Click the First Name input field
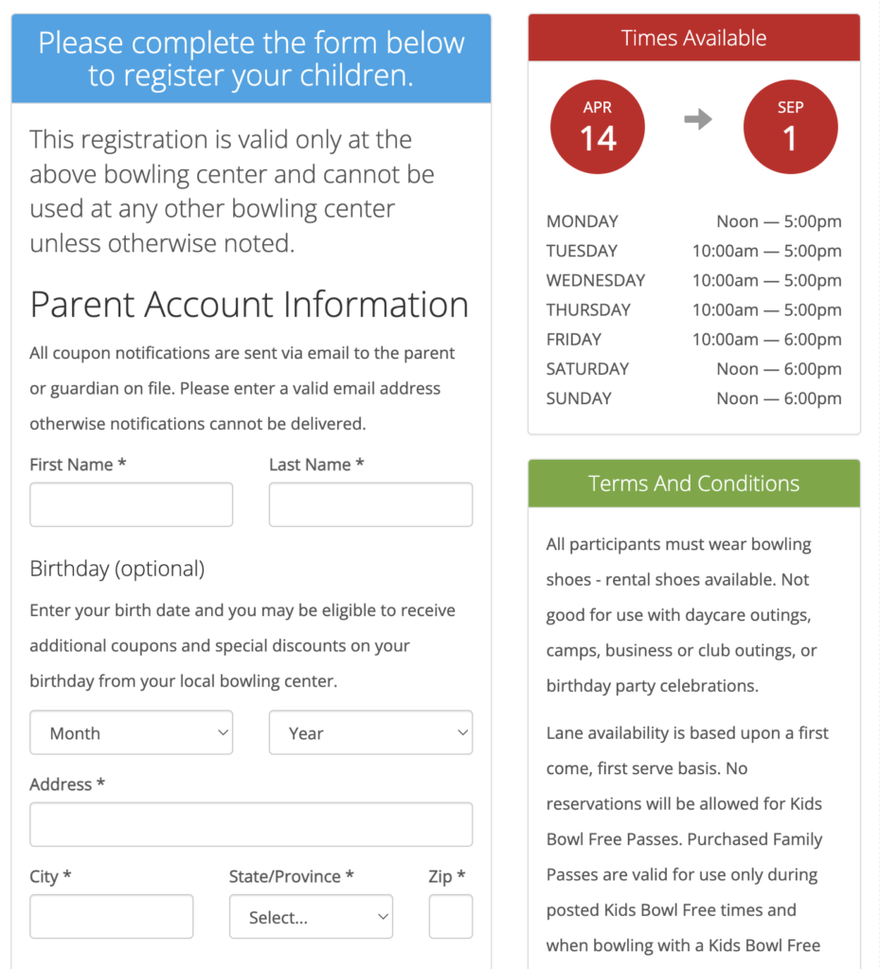click(131, 504)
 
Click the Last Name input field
click(370, 504)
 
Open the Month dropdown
click(131, 732)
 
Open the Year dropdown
click(370, 732)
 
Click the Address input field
click(251, 824)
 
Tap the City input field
click(111, 916)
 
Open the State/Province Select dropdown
click(311, 916)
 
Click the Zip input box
click(450, 916)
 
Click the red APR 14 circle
click(598, 127)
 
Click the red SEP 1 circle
click(790, 127)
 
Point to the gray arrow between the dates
click(697, 120)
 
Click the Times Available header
click(693, 38)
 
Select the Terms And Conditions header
click(693, 484)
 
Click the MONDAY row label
click(582, 221)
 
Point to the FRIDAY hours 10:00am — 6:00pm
click(766, 339)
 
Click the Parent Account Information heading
click(249, 305)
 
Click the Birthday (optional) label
click(117, 569)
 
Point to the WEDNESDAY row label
click(595, 280)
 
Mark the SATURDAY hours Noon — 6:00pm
click(779, 369)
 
